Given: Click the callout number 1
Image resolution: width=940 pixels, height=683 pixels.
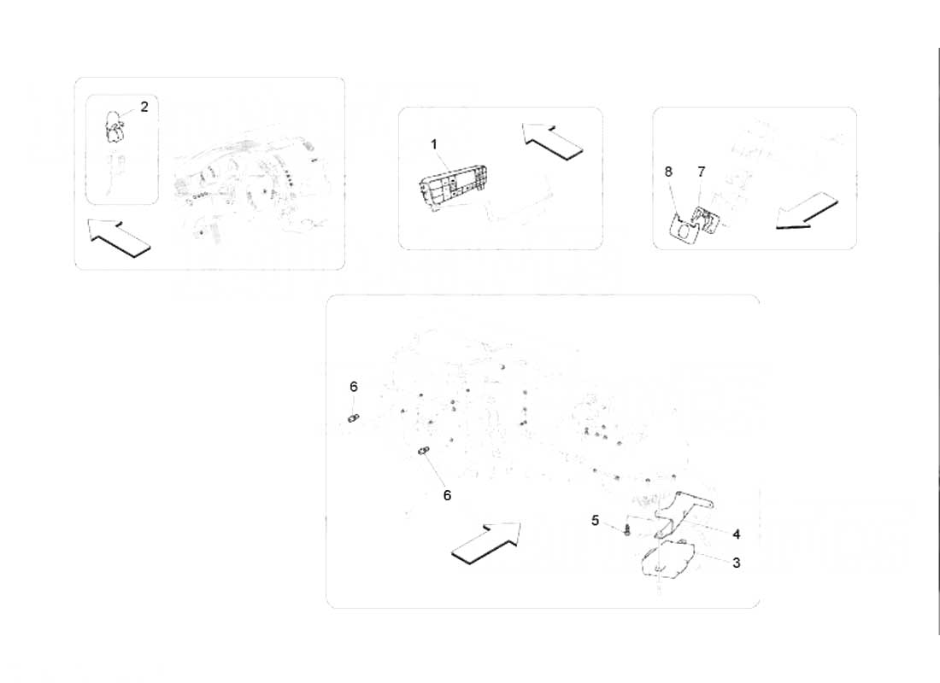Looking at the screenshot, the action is click(433, 144).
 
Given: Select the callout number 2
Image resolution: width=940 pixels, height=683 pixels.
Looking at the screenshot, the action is click(144, 107).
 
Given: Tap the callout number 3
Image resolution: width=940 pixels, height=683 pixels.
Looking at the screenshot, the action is click(736, 563).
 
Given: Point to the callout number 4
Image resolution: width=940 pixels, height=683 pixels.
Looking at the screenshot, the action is click(736, 534).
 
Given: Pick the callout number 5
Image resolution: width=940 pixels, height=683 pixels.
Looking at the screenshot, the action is click(595, 520).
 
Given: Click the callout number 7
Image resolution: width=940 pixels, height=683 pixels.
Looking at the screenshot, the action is click(702, 172).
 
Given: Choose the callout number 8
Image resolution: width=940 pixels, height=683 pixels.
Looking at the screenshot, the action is click(668, 172).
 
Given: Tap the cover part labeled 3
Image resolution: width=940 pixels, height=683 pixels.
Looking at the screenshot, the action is click(668, 559).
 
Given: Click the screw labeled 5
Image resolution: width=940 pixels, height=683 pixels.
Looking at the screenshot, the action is click(627, 529).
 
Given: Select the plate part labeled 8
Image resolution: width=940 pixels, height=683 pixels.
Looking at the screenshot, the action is click(683, 231).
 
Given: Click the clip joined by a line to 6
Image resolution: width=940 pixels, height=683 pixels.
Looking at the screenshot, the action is click(424, 451).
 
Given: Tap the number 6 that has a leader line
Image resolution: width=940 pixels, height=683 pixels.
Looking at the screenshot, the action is click(447, 495).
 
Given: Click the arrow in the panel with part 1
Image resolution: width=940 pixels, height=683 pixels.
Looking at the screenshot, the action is click(552, 142).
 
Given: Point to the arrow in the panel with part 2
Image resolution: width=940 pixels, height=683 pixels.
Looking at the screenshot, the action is click(118, 238).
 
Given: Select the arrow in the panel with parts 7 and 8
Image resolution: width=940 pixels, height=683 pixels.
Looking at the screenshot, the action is click(807, 211).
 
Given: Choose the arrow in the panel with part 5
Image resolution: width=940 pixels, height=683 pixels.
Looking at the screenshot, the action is click(486, 543).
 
